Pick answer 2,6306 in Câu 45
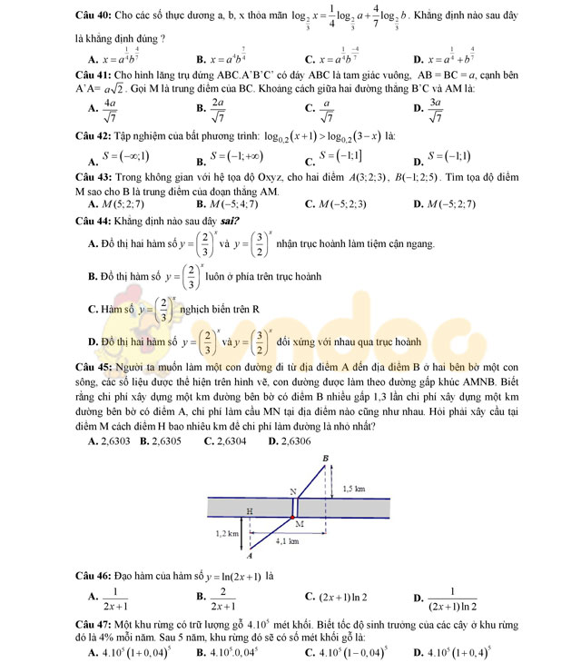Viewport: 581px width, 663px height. [x=291, y=440]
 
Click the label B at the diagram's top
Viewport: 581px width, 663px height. [x=326, y=459]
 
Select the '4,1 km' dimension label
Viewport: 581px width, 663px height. [x=287, y=540]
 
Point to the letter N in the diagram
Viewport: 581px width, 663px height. [x=292, y=491]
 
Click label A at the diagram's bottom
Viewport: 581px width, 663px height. [x=250, y=555]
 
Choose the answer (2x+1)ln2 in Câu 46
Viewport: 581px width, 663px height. [x=342, y=597]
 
